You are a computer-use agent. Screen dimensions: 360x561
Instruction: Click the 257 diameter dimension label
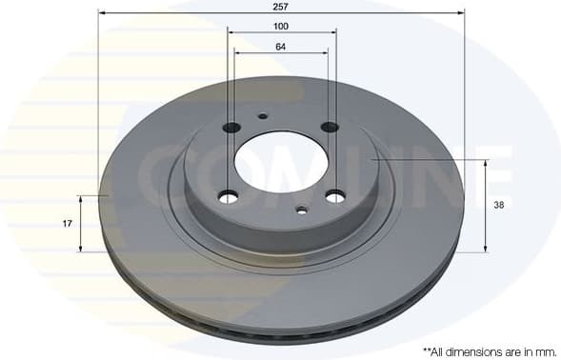[x=281, y=6]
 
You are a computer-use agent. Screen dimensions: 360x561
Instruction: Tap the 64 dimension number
[x=281, y=46]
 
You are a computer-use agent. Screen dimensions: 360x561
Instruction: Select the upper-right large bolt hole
[x=330, y=127]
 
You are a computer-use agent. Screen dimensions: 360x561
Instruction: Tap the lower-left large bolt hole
[x=228, y=197]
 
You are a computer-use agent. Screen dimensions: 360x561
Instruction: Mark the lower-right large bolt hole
[x=335, y=196]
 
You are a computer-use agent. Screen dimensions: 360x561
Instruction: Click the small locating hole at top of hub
[x=263, y=116]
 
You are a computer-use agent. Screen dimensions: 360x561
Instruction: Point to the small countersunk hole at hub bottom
[x=301, y=210]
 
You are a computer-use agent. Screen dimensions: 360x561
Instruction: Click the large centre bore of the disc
[x=281, y=159]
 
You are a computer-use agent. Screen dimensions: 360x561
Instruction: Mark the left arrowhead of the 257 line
[x=102, y=12]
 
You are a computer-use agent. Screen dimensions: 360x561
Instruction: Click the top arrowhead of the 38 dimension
[x=486, y=164]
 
